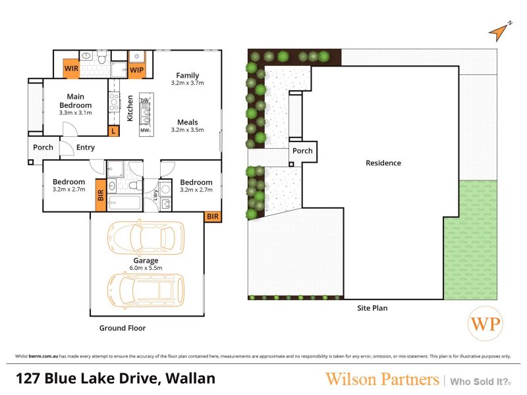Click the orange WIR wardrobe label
[x=71, y=68]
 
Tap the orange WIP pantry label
[x=136, y=70]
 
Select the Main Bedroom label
[x=76, y=101]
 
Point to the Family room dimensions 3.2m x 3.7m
[x=188, y=83]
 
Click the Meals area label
[x=188, y=122]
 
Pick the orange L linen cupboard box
[x=113, y=131]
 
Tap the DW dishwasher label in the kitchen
[x=144, y=101]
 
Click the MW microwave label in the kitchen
[x=145, y=130]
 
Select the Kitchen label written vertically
[x=130, y=108]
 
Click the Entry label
[x=86, y=147]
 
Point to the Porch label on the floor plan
[x=43, y=147]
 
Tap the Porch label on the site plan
[x=302, y=151]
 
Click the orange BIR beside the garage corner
[x=213, y=217]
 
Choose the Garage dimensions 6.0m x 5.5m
[x=146, y=268]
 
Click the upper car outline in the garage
[x=146, y=238]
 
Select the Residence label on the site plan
[x=383, y=163]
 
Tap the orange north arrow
[x=499, y=32]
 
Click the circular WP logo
[x=485, y=324]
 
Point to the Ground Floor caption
[x=123, y=328]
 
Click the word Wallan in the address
[x=190, y=379]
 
